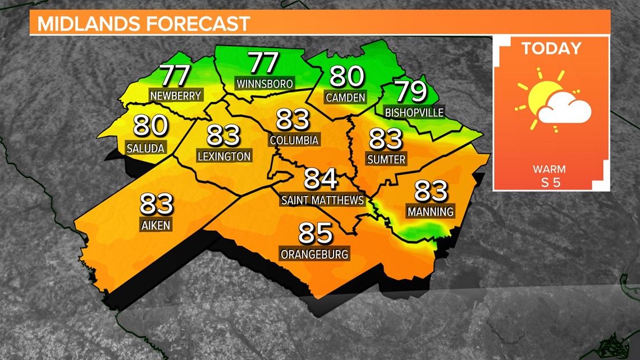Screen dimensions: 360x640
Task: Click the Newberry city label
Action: point(176,95)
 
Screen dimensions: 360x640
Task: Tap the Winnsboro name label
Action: point(264,84)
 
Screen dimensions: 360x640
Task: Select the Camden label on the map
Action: point(345,97)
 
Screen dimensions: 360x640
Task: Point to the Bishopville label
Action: point(414,112)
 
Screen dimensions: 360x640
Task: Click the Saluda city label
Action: point(146,148)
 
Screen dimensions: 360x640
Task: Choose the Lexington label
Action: point(224,156)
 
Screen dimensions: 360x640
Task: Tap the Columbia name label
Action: point(294,140)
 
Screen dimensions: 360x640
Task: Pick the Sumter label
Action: point(386,160)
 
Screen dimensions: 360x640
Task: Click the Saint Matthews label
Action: point(322,200)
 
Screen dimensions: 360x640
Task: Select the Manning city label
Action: point(431,212)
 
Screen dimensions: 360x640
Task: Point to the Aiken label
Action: point(156,225)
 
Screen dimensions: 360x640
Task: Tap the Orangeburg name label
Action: point(314,254)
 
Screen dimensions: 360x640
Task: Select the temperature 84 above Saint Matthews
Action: point(321,180)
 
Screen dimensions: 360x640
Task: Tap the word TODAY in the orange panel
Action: point(551,48)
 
